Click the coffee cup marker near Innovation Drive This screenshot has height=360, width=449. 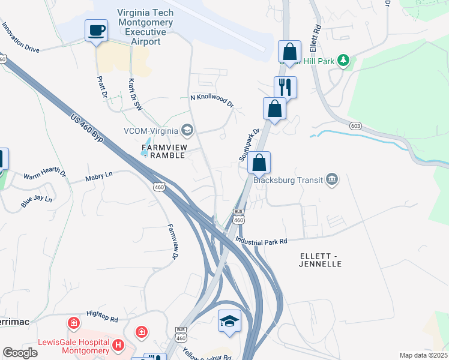coord(96,31)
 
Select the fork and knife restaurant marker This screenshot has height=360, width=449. coord(285,87)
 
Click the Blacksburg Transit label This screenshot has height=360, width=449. coord(288,179)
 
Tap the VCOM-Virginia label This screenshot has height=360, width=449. coord(151,130)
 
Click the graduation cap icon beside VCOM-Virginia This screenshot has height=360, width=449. coord(187,130)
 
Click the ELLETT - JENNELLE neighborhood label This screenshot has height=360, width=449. coord(320,260)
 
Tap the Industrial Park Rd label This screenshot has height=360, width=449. coord(262,241)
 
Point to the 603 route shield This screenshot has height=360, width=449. coord(356,125)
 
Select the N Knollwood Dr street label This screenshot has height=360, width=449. coord(211,100)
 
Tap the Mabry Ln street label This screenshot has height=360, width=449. coord(98,176)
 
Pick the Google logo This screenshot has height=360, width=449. coord(20,353)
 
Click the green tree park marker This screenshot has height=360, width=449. coord(343,60)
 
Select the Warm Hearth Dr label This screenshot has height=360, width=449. coord(44,174)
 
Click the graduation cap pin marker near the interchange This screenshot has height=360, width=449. coord(229,320)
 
